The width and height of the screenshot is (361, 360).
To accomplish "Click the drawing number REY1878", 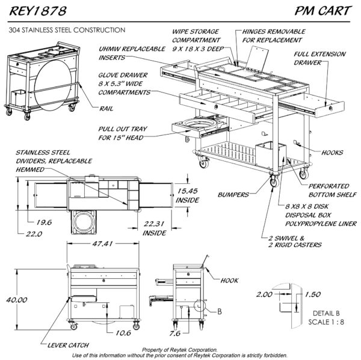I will tap(35, 11).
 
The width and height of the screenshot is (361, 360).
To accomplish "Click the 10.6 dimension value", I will tap(123, 332).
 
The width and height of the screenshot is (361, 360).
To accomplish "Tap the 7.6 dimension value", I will tap(175, 332).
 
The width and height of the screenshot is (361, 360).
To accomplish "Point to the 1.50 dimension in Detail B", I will tap(313, 295).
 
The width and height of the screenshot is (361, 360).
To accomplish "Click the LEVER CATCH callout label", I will tap(69, 345).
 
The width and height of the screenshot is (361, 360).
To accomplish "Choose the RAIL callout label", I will tap(103, 108).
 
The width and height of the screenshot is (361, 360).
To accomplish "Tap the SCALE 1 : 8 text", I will tap(327, 322).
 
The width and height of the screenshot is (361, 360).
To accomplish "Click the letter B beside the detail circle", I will tap(219, 311).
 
